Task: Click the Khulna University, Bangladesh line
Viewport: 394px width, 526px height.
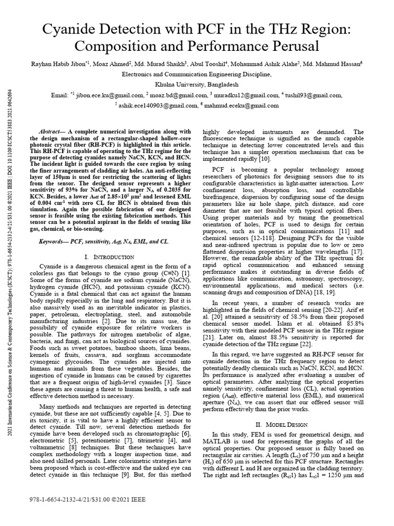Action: pos(196,84)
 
